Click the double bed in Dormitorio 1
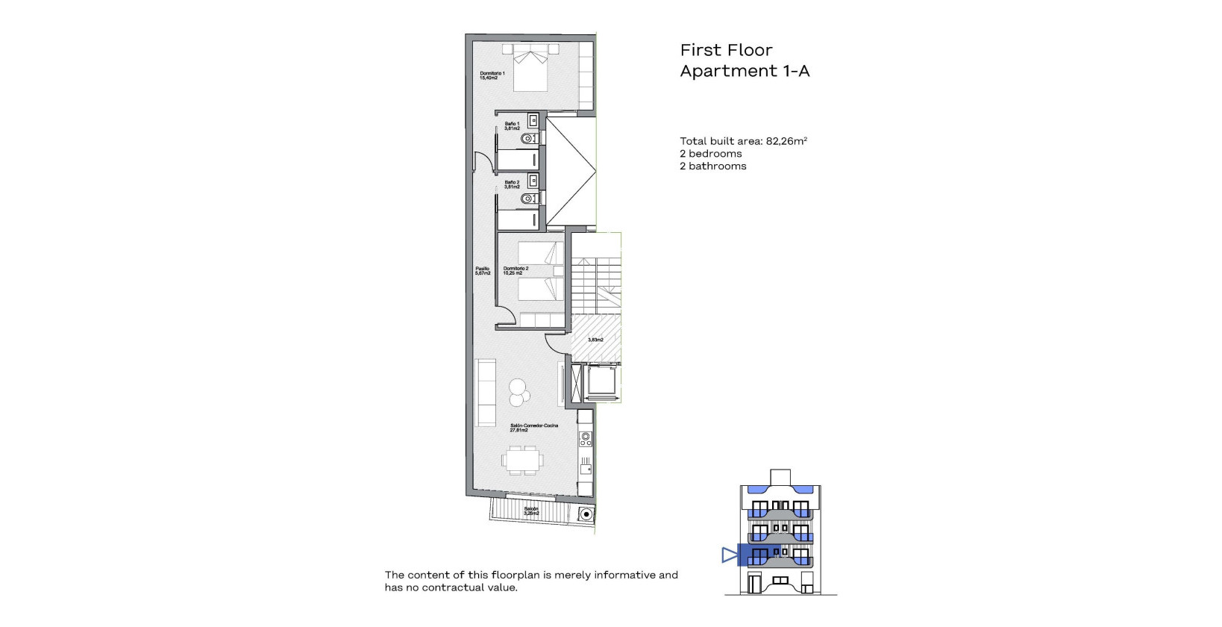point(530,69)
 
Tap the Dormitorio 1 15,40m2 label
point(492,75)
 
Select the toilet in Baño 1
point(528,139)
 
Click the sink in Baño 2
point(533,181)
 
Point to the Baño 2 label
point(512,184)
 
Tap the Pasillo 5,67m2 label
point(483,271)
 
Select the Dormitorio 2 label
point(515,271)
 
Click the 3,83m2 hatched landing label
point(595,340)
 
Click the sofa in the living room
point(486,393)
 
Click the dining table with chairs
point(522,460)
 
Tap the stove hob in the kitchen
point(586,440)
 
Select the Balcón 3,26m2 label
point(530,511)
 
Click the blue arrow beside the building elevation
point(729,555)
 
